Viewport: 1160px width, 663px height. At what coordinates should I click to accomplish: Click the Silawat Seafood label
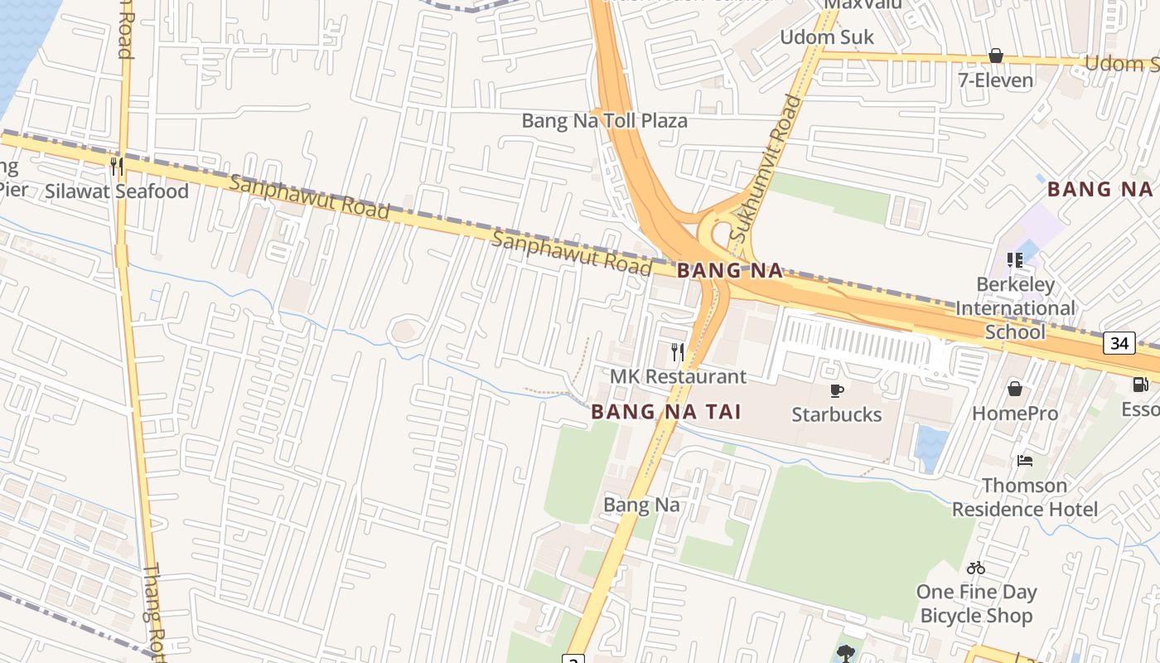117,191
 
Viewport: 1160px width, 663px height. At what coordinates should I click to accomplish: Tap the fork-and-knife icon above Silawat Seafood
117,166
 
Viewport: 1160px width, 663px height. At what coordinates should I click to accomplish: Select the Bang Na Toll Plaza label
604,121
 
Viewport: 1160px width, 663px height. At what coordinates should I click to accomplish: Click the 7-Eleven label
995,80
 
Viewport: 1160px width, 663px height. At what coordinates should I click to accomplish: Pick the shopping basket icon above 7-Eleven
995,56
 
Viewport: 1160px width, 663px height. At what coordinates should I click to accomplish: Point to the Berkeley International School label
1015,308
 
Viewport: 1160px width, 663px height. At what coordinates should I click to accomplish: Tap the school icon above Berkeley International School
1015,260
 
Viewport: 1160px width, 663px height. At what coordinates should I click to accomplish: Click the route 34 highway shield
1119,343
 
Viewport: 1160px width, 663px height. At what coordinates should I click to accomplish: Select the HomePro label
1015,413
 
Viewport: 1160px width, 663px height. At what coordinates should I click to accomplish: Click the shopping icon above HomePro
1015,389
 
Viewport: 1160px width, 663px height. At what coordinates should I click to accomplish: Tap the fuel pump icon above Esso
1141,385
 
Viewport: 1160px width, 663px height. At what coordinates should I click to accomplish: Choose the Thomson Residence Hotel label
1024,497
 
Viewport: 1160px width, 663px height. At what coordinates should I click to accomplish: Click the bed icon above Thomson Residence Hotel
1025,461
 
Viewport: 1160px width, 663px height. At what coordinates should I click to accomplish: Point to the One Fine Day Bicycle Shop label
976,603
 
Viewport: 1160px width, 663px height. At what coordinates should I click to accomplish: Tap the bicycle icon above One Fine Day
976,568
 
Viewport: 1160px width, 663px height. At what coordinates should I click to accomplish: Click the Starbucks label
836,414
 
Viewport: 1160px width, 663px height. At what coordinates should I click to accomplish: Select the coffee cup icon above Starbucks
836,390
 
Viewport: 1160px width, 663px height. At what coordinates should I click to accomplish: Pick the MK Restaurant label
678,376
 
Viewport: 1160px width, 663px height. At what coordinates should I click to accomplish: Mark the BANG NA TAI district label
665,412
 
